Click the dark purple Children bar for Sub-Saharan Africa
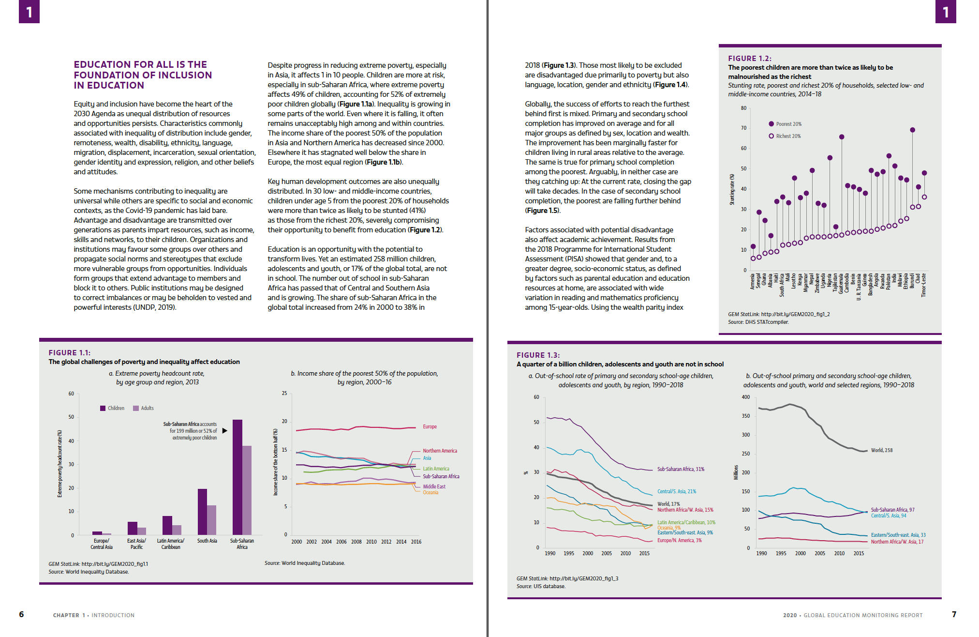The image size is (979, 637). tap(237, 477)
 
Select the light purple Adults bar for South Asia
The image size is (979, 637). tap(211, 520)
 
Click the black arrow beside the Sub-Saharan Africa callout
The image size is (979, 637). tap(224, 431)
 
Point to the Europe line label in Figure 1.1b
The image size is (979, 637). tap(430, 426)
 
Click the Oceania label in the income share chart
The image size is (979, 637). tap(430, 493)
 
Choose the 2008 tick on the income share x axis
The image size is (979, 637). tap(356, 542)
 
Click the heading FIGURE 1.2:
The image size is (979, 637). tap(750, 58)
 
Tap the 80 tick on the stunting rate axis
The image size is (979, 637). tap(743, 108)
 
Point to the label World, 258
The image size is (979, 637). tap(882, 450)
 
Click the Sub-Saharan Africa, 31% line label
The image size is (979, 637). tap(681, 469)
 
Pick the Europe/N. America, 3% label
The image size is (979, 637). tap(679, 540)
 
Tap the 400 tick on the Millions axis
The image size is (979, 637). tap(746, 397)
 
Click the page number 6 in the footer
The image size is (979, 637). tap(21, 614)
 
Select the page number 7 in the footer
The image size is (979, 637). tap(954, 614)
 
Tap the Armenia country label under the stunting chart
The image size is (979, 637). tap(753, 281)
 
